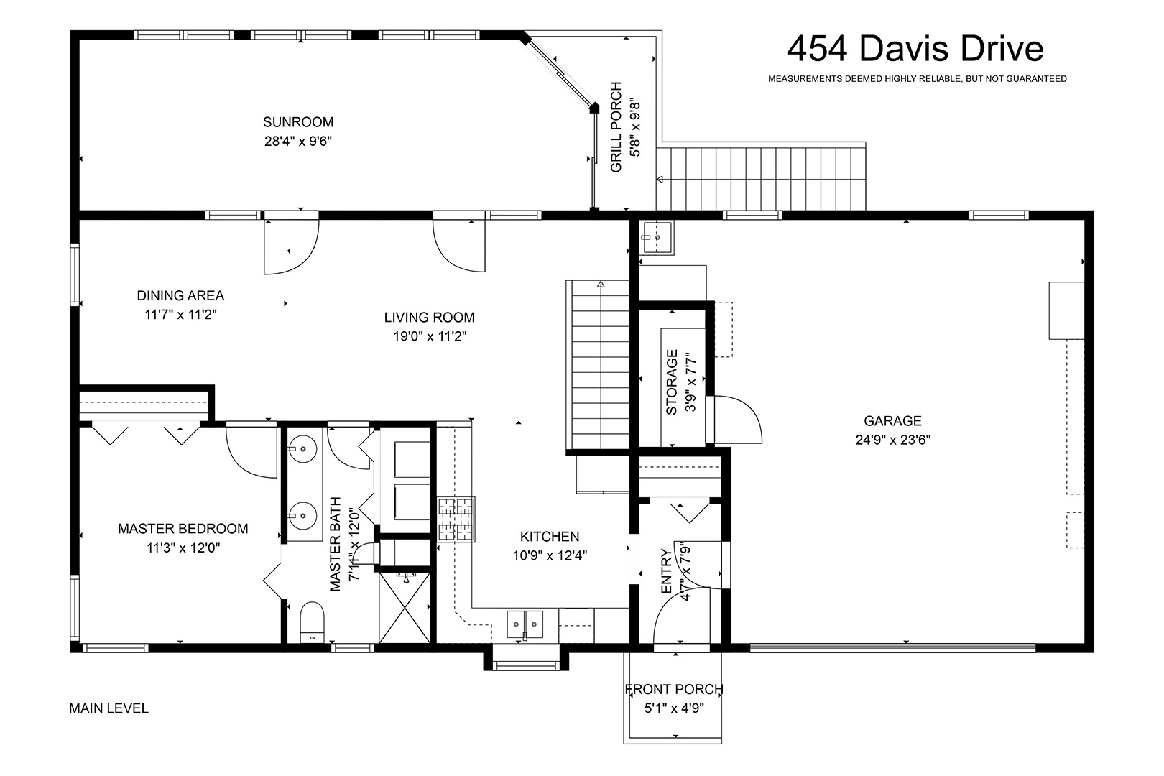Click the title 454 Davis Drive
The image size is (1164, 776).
[915, 49]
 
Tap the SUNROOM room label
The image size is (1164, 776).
[298, 122]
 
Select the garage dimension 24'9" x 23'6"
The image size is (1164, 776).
[892, 440]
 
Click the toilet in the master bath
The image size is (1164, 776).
[312, 623]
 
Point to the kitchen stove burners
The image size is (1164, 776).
[456, 519]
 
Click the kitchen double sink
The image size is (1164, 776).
[525, 624]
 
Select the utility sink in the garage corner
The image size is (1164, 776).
[656, 238]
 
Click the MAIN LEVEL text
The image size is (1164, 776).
[108, 708]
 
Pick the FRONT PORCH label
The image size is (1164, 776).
[674, 689]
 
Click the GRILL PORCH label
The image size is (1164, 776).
[616, 127]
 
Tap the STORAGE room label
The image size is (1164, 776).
[672, 382]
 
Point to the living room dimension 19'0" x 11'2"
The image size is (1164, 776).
[430, 336]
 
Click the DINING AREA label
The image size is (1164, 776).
[180, 296]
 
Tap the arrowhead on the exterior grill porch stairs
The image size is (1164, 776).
[660, 180]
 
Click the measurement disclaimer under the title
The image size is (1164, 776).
[917, 79]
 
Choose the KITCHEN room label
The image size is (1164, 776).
[550, 537]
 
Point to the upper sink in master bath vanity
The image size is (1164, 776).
[303, 448]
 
